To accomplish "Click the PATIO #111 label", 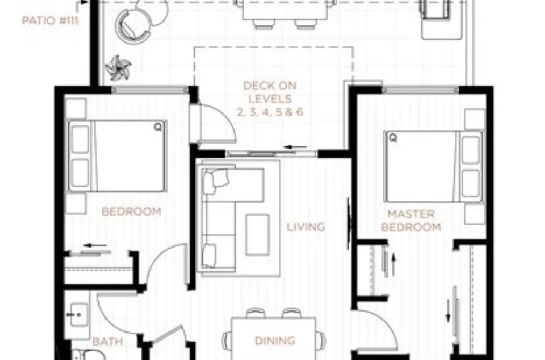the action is tap(50, 20).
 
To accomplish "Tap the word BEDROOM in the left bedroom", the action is tap(131, 211).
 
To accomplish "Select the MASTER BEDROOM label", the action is tap(411, 220).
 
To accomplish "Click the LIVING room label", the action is tap(306, 227).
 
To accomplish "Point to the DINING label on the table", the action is tap(275, 341).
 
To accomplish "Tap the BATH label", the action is tap(108, 342).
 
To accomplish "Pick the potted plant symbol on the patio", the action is tap(118, 67).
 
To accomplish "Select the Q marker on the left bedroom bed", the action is tap(158, 127).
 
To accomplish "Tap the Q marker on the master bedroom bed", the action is tap(393, 138).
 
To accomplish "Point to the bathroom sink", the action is tap(79, 315).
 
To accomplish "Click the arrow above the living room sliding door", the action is tap(296, 147).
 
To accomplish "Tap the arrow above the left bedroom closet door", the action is tap(95, 246).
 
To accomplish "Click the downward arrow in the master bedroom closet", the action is tap(448, 311).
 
